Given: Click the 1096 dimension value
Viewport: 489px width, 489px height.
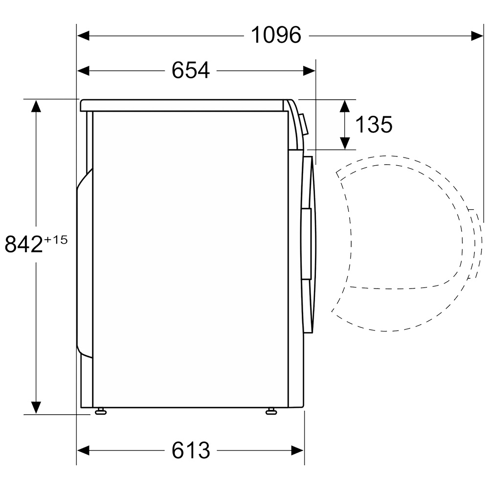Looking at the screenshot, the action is click(276, 35).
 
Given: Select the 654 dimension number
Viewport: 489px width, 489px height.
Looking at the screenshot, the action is click(191, 70).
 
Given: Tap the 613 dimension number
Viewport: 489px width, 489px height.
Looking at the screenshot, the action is click(191, 450).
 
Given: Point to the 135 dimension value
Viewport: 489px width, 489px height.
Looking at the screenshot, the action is click(374, 124).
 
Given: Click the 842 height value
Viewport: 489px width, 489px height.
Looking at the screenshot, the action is click(23, 244).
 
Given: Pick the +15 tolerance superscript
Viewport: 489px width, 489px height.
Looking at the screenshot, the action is click(56, 240).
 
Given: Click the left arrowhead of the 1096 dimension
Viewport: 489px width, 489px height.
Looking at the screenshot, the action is click(83, 36).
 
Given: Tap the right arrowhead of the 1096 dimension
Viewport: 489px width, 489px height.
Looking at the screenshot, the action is click(477, 36).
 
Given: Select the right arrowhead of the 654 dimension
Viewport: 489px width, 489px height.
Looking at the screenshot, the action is click(309, 71).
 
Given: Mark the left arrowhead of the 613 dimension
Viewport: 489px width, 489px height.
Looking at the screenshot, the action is click(83, 450).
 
